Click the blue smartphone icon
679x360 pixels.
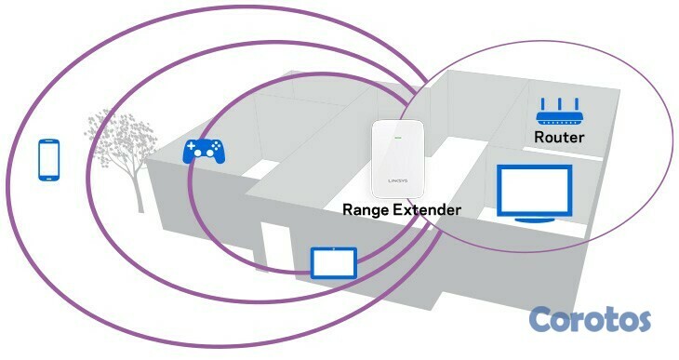pyautogui.click(x=49, y=159)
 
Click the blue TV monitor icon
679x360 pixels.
pyautogui.click(x=533, y=193)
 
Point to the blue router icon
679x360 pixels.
pyautogui.click(x=558, y=112)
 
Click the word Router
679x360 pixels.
pyautogui.click(x=559, y=137)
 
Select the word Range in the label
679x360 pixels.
pyautogui.click(x=369, y=209)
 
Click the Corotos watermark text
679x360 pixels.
pyautogui.click(x=590, y=320)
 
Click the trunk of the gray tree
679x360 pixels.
pyautogui.click(x=136, y=191)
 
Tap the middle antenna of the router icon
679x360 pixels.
pyautogui.click(x=558, y=103)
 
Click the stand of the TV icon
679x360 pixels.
pyautogui.click(x=533, y=219)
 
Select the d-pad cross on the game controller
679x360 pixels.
pyautogui.click(x=193, y=148)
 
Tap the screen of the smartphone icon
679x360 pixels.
pyautogui.click(x=49, y=158)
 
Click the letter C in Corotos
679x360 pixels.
pyautogui.click(x=543, y=320)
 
